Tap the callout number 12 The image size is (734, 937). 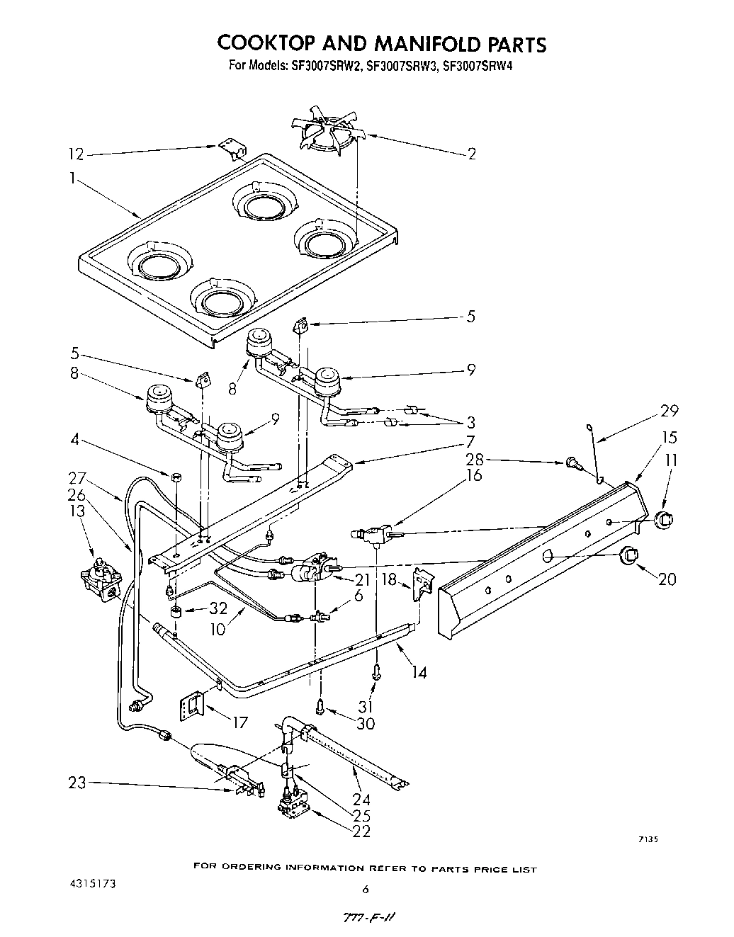tap(76, 154)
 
